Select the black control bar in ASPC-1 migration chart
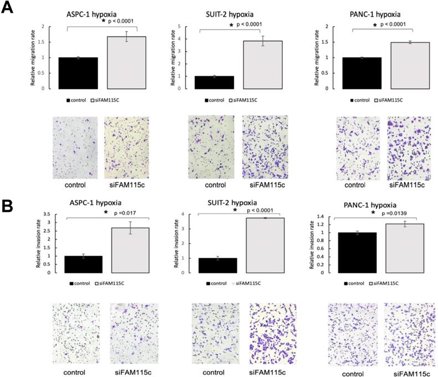click(x=78, y=73)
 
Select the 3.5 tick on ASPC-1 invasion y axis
click(x=48, y=215)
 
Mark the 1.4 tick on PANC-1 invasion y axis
click(x=320, y=217)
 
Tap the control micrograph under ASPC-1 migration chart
click(x=74, y=147)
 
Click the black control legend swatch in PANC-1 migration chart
click(x=353, y=101)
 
